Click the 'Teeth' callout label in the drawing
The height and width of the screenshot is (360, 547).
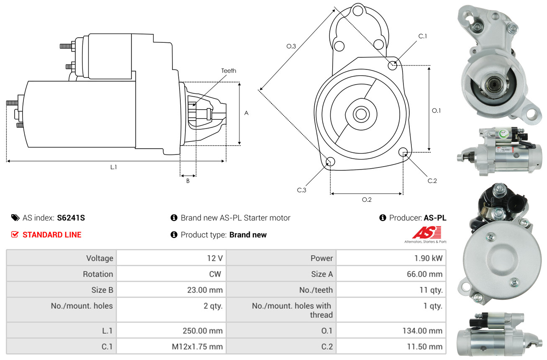[229, 71]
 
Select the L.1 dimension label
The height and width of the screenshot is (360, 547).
[113, 167]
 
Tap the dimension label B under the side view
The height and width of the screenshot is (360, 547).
[188, 181]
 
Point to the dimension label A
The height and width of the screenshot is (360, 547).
[246, 113]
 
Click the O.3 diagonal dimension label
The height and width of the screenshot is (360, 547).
[291, 46]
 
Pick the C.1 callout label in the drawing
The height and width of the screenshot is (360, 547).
[423, 36]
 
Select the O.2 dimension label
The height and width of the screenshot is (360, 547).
[367, 200]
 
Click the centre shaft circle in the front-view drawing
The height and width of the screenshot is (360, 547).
[360, 114]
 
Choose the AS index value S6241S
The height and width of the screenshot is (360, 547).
[71, 218]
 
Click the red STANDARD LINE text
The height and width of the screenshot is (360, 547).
[52, 235]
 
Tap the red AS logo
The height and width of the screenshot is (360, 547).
[426, 233]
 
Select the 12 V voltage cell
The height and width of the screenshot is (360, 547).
[214, 258]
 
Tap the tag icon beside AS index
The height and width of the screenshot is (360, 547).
[15, 218]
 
